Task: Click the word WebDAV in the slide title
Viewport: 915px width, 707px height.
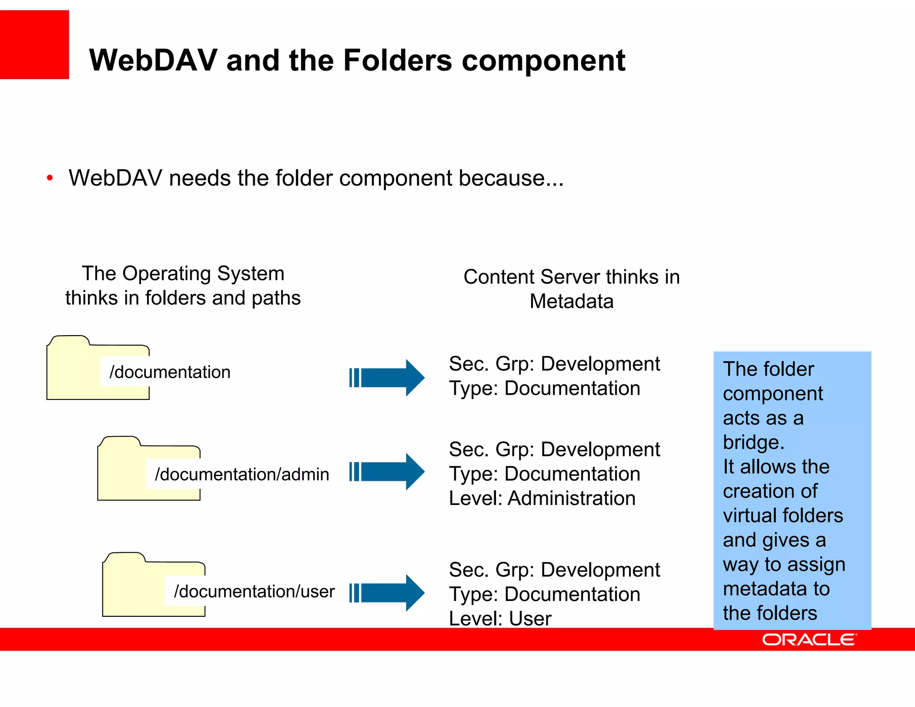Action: (x=153, y=60)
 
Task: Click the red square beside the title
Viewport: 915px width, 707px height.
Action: (x=34, y=45)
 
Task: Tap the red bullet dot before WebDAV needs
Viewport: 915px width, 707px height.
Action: (x=50, y=178)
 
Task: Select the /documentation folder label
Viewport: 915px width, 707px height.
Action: (x=170, y=372)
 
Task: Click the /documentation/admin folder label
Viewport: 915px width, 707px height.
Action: (x=242, y=474)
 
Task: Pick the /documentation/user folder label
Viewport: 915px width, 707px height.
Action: (x=254, y=591)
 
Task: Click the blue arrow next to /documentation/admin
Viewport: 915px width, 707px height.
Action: (x=387, y=471)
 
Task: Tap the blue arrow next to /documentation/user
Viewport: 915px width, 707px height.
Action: (x=387, y=593)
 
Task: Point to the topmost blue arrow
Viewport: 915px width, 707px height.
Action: (x=387, y=378)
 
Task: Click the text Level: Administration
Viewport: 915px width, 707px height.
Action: (x=542, y=498)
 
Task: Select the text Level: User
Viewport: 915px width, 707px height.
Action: (x=500, y=619)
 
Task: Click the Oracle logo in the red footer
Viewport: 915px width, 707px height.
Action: (x=809, y=640)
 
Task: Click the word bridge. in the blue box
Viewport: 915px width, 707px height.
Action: (x=754, y=442)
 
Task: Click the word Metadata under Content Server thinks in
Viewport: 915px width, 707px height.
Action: (x=571, y=301)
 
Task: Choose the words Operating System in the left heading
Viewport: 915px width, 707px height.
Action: (x=203, y=274)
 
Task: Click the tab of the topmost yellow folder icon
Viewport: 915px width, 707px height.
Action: (x=69, y=341)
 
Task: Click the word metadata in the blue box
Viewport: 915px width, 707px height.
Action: (x=764, y=589)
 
